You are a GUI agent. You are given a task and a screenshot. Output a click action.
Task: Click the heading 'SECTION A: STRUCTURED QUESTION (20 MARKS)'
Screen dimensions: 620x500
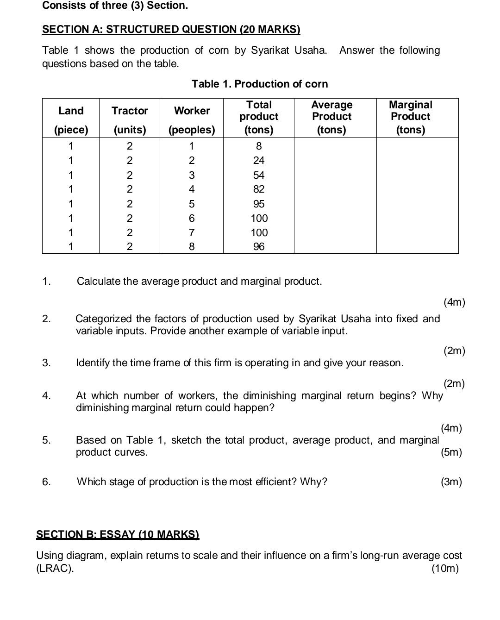[171, 30]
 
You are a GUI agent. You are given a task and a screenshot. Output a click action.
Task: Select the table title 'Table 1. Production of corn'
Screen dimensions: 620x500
[260, 84]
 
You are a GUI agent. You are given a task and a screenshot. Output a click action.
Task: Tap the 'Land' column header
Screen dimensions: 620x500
[71, 111]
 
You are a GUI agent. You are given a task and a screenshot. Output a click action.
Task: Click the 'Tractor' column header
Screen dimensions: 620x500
[130, 111]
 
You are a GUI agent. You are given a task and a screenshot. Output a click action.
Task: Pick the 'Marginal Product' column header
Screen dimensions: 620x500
[411, 111]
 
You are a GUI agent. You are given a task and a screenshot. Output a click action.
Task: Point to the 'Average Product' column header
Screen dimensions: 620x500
[331, 111]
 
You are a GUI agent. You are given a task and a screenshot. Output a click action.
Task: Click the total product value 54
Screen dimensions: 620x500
[259, 175]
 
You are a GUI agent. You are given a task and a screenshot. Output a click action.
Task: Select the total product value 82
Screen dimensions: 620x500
[259, 189]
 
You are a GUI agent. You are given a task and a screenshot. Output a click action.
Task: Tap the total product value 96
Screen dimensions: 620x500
[259, 247]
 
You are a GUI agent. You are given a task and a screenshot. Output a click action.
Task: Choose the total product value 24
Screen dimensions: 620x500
[259, 161]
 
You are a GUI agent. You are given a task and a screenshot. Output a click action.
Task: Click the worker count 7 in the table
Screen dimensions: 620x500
[192, 232]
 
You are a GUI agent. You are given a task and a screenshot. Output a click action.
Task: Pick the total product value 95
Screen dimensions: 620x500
[259, 204]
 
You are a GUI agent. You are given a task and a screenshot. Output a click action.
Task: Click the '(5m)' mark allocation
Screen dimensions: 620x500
[451, 452]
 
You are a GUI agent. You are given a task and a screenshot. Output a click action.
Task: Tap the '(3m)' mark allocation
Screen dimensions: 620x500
[451, 482]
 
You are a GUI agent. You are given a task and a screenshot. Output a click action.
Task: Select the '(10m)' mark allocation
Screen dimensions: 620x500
[445, 569]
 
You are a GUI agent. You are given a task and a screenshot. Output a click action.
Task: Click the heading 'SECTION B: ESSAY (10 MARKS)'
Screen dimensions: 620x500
[118, 534]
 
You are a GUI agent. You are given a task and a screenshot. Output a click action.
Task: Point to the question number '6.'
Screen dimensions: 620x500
[46, 482]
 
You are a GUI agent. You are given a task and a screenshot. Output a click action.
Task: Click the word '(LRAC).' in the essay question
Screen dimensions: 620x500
[55, 569]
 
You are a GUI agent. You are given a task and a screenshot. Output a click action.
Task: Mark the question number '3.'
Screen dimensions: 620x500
[46, 363]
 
